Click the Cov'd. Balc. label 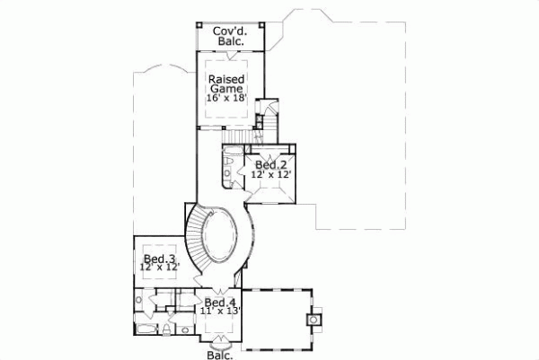pos(231,36)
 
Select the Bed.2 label pos(270,165)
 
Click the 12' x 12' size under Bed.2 pos(270,176)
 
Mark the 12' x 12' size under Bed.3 pos(159,268)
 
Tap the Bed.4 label pos(220,303)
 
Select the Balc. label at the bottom pos(221,355)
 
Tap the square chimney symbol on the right pos(314,318)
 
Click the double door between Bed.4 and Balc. pos(220,339)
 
